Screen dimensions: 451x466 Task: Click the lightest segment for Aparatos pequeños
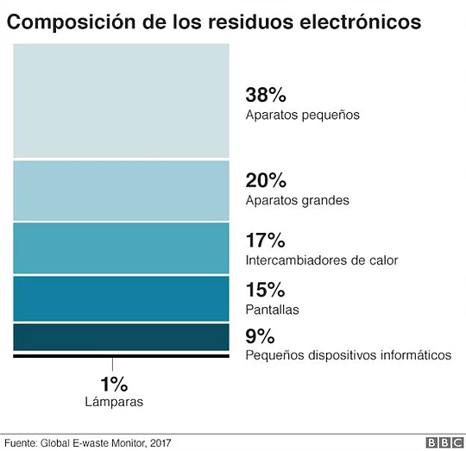click(x=121, y=101)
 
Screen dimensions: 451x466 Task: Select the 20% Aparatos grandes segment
click(x=121, y=191)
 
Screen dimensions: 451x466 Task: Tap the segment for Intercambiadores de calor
click(x=121, y=248)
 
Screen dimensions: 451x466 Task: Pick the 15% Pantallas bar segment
click(x=121, y=298)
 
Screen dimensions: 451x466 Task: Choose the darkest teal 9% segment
click(x=121, y=336)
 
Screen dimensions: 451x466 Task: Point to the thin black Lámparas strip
click(x=121, y=355)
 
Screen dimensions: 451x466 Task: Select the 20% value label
click(x=265, y=181)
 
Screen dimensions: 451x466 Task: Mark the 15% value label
click(x=264, y=289)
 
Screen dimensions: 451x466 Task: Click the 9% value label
click(x=260, y=335)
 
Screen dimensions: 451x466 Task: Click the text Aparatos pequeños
click(x=302, y=115)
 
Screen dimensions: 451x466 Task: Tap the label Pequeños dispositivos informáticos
click(x=348, y=354)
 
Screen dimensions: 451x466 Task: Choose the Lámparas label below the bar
click(x=114, y=401)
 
